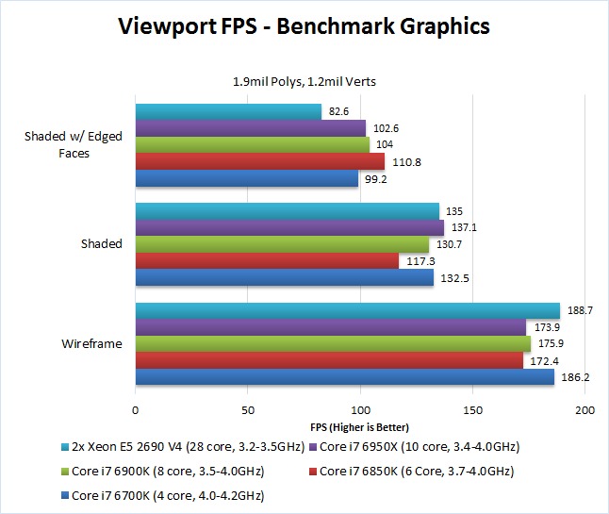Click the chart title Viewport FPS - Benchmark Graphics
(x=304, y=25)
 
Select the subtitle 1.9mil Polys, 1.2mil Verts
(x=304, y=81)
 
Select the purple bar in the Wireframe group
(x=330, y=327)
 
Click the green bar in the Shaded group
(x=282, y=244)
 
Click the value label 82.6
(x=337, y=112)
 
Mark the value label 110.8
(x=402, y=161)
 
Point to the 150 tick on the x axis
(x=473, y=410)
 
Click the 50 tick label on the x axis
(x=248, y=410)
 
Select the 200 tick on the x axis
(x=585, y=410)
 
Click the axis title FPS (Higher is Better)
(x=359, y=425)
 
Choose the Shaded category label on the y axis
(x=102, y=243)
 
